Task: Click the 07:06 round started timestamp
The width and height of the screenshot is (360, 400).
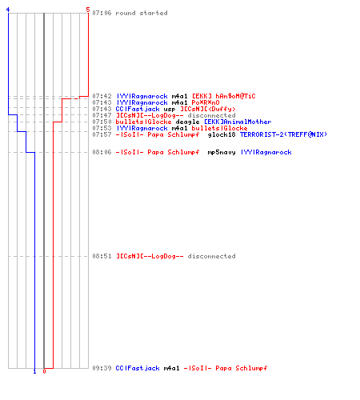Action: click(102, 13)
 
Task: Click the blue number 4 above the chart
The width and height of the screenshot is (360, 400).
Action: click(8, 10)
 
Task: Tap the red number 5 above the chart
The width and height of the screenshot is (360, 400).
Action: click(88, 10)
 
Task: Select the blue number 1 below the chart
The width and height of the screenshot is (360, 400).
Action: click(34, 371)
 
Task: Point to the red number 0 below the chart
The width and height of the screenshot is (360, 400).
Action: click(44, 371)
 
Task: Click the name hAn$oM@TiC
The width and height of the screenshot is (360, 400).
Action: click(235, 96)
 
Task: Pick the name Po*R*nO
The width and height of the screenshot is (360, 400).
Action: click(206, 102)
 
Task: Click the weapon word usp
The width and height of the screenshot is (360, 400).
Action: click(170, 109)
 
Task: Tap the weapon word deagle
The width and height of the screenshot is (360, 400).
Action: click(187, 122)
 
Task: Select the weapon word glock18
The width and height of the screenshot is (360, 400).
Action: click(222, 134)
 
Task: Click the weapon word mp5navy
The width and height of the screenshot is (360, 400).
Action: click(222, 152)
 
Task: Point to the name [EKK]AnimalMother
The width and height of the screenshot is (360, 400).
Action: click(238, 122)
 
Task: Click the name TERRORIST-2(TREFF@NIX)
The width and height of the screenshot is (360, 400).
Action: click(283, 134)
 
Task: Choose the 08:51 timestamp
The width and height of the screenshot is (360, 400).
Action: click(102, 256)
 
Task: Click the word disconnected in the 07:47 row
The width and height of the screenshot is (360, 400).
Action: click(211, 115)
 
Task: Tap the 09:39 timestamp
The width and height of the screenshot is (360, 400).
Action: click(102, 368)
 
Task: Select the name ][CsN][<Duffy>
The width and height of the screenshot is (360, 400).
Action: click(208, 109)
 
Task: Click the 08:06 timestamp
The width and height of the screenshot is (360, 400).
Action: click(102, 152)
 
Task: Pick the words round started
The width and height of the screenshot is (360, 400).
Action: click(142, 13)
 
